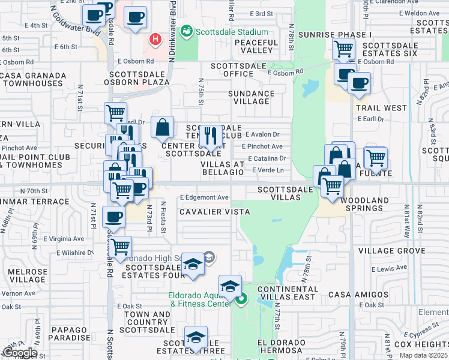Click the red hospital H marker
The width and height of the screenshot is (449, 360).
[x=156, y=40]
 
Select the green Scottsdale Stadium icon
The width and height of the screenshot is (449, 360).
[x=187, y=31]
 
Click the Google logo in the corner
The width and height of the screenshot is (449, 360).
[x=20, y=352]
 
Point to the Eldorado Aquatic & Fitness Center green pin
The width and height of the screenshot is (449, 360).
[x=242, y=298]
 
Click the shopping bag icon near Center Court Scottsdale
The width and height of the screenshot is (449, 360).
[x=162, y=127]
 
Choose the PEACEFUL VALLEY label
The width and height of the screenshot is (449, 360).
[x=257, y=47]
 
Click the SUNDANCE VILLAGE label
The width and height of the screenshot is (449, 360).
[x=252, y=97]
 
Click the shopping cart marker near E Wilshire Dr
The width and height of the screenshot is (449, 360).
[x=121, y=246]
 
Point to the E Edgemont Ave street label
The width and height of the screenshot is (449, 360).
[x=204, y=197]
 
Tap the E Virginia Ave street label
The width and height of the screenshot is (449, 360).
[x=62, y=238]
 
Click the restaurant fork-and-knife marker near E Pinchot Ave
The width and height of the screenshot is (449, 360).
[x=209, y=136]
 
